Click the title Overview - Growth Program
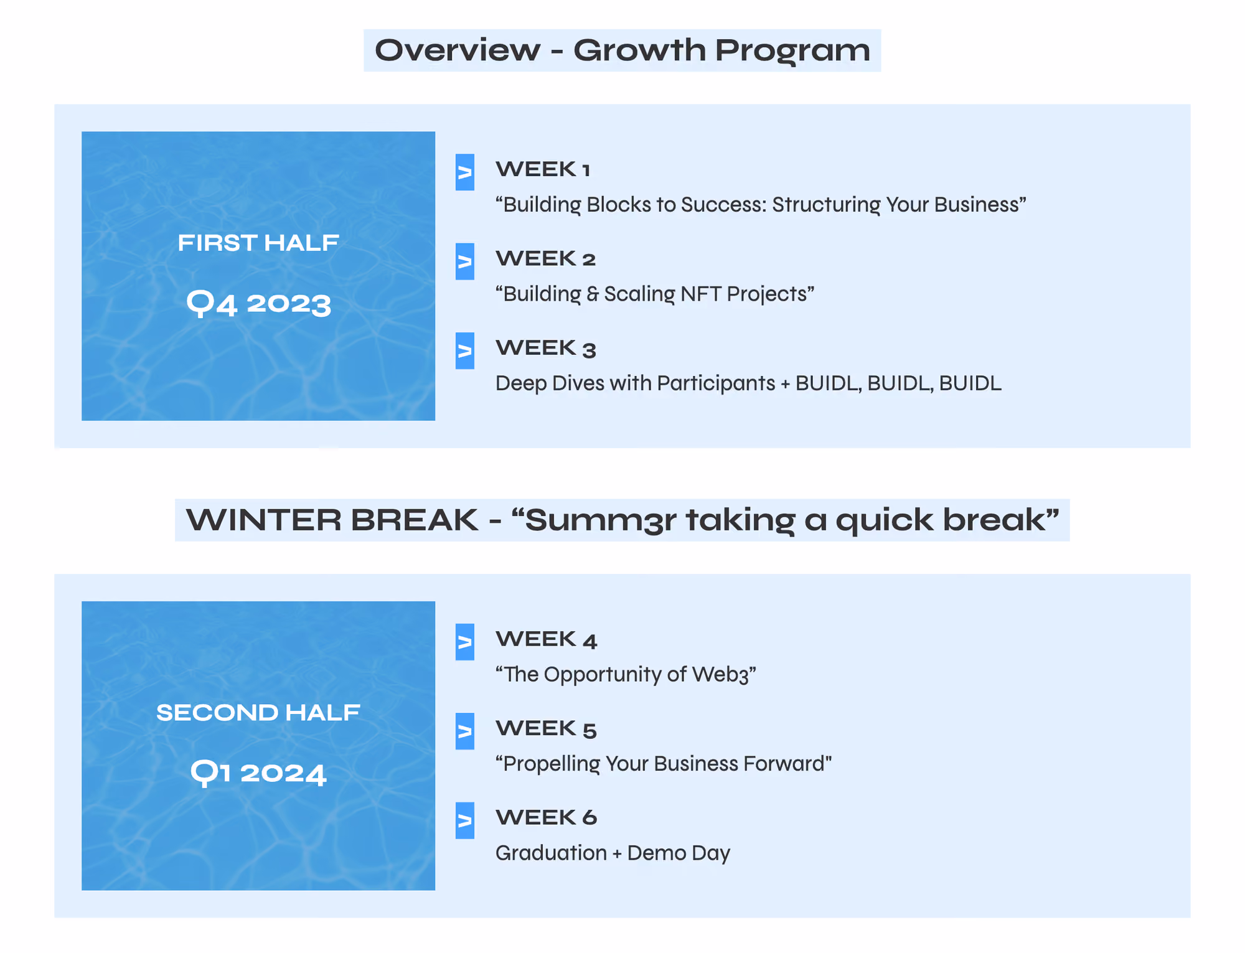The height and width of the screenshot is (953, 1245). point(622,50)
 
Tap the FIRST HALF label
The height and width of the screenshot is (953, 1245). point(258,243)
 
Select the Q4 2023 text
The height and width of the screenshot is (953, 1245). point(259,304)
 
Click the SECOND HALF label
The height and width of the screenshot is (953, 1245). point(258,712)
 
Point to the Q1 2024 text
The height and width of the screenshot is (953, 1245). point(258,773)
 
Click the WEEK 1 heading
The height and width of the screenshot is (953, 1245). point(543,169)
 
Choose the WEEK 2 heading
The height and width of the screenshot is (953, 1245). point(546,258)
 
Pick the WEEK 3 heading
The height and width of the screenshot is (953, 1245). point(546,348)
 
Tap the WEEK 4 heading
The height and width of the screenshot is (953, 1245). point(547,639)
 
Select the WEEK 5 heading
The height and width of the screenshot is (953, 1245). point(547,728)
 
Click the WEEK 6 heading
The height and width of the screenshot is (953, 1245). point(547,817)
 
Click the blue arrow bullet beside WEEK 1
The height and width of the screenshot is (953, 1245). point(465,172)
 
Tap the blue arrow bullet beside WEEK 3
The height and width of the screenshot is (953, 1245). point(465,351)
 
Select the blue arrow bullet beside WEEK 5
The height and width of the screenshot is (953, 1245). point(465,731)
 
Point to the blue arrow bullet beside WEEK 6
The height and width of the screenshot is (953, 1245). point(465,820)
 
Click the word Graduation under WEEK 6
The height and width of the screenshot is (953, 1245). point(551,853)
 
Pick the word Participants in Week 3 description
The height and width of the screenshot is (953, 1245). point(716,383)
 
